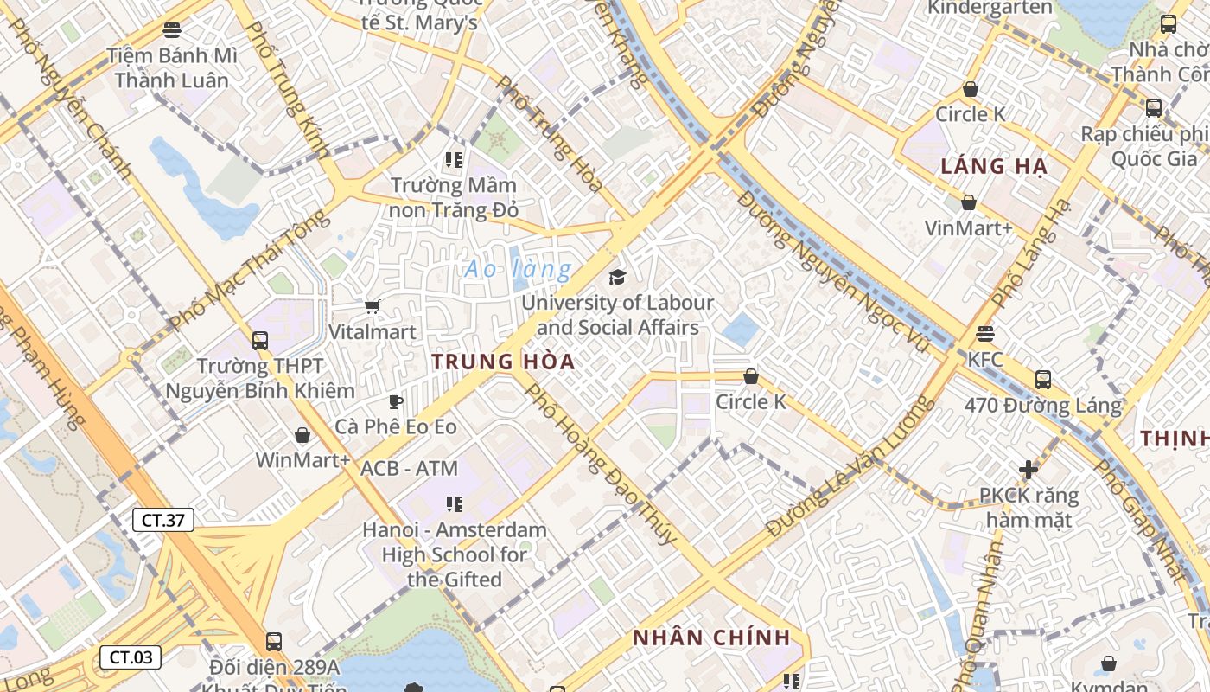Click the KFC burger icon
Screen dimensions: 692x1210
tap(984, 334)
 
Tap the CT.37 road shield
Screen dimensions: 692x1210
tap(162, 520)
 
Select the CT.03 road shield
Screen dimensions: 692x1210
tap(131, 657)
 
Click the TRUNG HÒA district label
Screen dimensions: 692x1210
tap(503, 362)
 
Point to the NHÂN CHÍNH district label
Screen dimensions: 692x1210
tap(711, 638)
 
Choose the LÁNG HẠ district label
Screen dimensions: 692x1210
tap(994, 166)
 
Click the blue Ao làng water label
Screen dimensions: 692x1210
tap(518, 269)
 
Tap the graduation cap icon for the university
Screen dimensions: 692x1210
tap(617, 277)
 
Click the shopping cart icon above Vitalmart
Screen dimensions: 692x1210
tap(373, 306)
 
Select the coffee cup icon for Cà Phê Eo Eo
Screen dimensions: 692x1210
tap(395, 401)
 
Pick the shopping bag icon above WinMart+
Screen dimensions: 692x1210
tap(302, 434)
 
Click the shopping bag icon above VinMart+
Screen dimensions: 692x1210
tap(968, 202)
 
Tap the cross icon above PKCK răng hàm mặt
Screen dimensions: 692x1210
tap(1028, 470)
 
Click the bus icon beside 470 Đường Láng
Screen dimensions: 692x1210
tap(1043, 379)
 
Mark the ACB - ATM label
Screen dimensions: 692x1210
tap(409, 469)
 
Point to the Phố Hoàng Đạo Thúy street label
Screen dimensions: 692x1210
tap(602, 464)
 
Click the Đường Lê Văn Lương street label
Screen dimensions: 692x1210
tap(849, 466)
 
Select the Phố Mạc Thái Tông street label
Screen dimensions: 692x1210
tap(250, 270)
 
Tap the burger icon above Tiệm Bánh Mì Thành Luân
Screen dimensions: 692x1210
tap(172, 30)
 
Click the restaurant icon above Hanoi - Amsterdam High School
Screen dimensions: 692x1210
tap(454, 503)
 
